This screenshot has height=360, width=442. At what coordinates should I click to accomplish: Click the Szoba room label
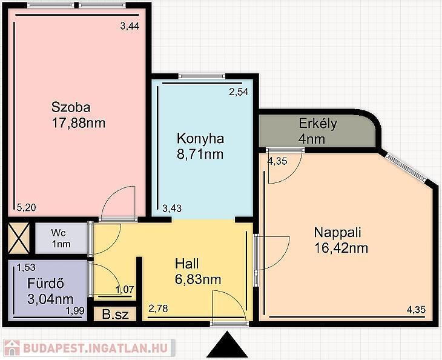[x=71, y=107]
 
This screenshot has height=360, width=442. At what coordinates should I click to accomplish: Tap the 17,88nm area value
[x=78, y=123]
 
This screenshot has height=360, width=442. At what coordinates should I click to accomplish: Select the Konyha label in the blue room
[x=200, y=139]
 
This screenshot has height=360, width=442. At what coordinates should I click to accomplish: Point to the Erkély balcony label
[x=318, y=124]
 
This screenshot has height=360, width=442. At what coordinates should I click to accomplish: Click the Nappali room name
[x=337, y=233]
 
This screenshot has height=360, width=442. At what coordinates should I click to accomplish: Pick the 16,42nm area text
[x=341, y=248]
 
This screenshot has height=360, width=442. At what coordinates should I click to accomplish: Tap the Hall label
[x=186, y=264]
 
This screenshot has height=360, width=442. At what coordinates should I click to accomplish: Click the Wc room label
[x=59, y=233]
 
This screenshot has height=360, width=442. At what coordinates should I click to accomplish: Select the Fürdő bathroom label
[x=45, y=284]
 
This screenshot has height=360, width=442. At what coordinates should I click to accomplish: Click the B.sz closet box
[x=115, y=314]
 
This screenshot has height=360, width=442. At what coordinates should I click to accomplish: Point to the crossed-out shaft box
[x=19, y=238]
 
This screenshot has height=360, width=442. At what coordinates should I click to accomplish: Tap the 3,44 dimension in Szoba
[x=130, y=26]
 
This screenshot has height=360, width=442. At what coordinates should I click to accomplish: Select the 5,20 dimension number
[x=26, y=208]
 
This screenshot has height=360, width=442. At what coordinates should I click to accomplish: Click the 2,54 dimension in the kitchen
[x=239, y=92]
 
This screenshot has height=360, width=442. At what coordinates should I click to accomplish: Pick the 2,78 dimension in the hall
[x=158, y=308]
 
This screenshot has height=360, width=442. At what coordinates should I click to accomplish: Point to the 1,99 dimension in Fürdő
[x=75, y=311]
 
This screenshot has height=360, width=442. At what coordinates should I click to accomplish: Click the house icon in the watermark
[x=12, y=348]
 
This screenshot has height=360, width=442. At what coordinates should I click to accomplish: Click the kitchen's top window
[x=202, y=76]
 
